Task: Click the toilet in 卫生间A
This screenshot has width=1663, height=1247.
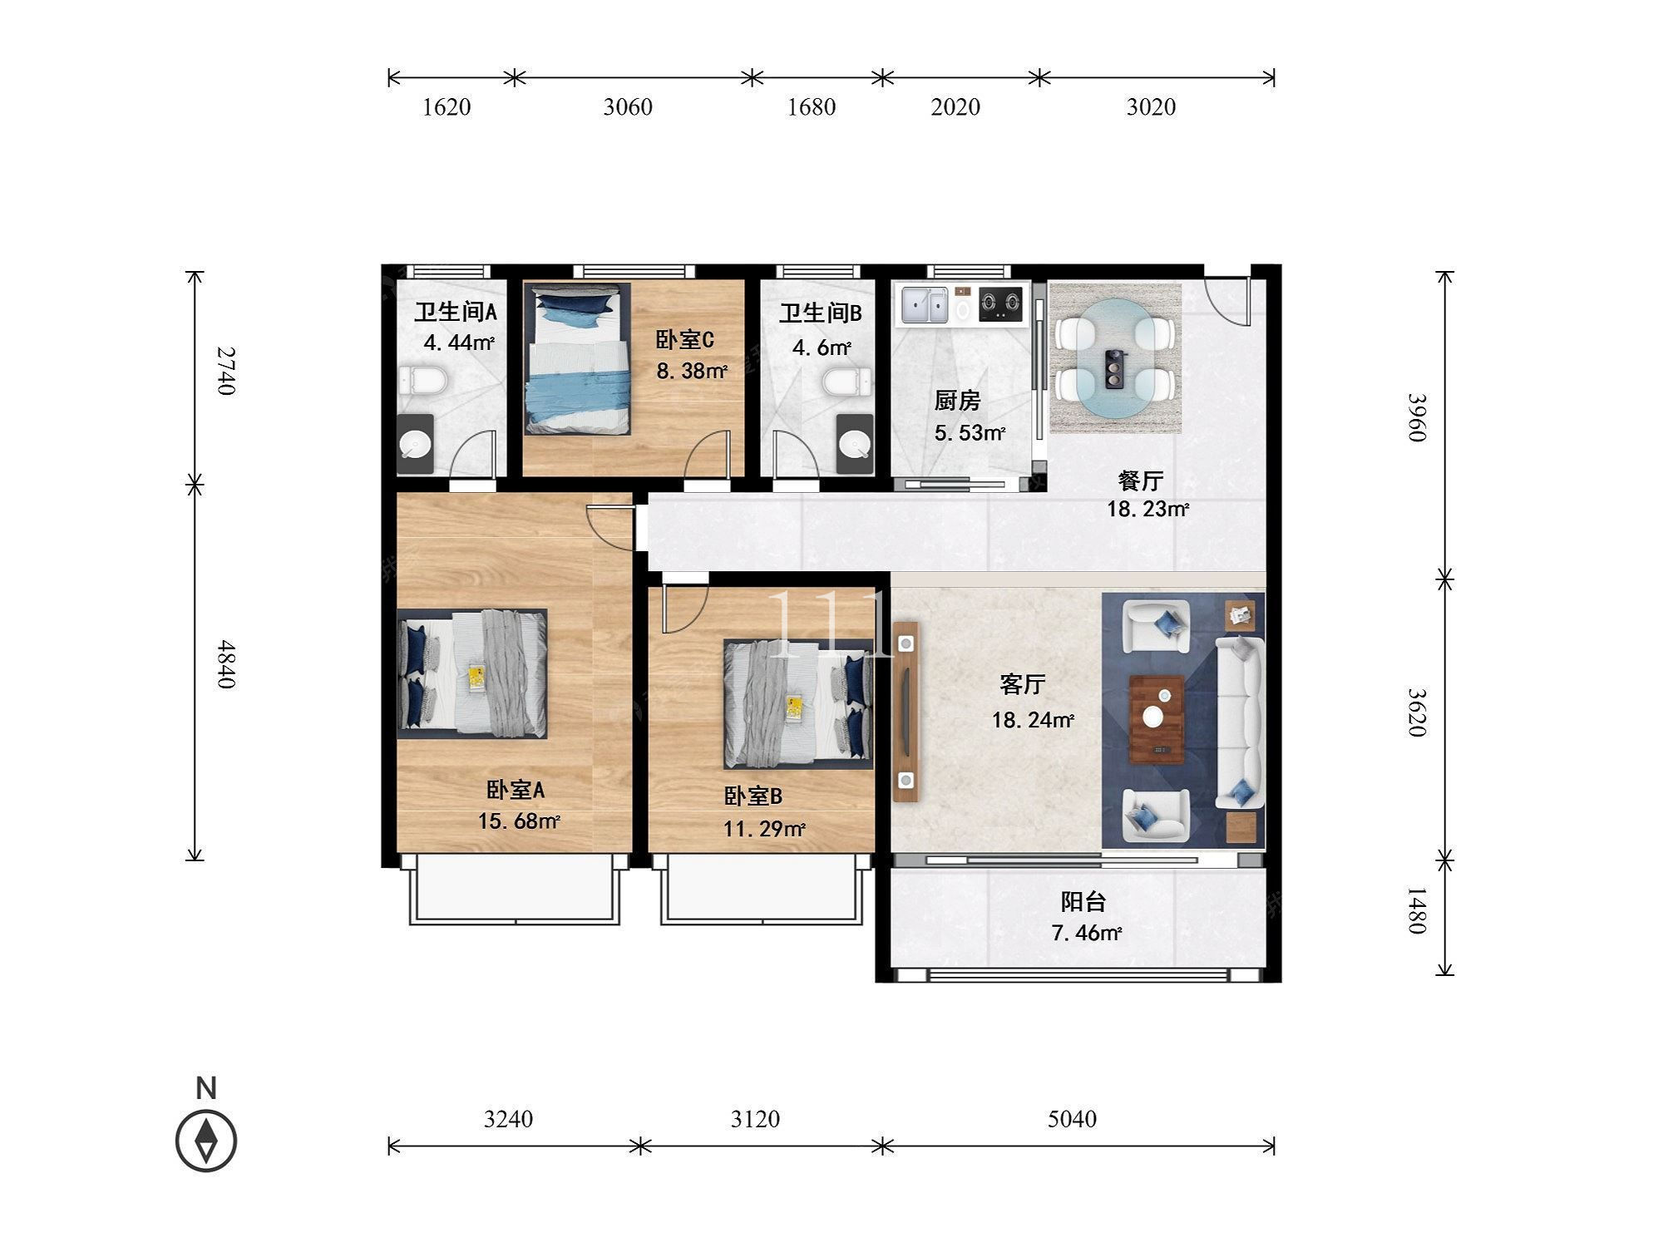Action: coord(423,382)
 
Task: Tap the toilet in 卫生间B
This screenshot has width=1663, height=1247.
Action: coord(848,384)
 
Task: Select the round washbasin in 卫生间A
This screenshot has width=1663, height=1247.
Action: coord(416,445)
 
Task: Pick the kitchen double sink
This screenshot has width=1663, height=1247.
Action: coord(925,305)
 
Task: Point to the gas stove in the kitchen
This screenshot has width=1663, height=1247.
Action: coord(1000,304)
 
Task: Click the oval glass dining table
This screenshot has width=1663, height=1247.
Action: coord(1116,358)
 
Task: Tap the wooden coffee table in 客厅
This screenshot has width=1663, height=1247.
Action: coord(1157,719)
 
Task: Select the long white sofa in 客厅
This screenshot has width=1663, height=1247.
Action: coord(1240,722)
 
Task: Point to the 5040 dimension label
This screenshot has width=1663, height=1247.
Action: coord(1072,1119)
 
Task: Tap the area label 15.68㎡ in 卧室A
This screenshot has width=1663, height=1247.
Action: coord(519,821)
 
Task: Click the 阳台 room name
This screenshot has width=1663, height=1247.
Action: coord(1083,901)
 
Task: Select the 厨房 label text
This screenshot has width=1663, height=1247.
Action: coord(957,401)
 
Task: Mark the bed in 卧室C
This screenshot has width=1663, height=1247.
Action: coord(577,358)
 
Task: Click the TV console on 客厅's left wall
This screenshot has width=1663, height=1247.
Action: coord(906,712)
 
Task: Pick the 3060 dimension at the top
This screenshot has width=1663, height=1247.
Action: coord(628,106)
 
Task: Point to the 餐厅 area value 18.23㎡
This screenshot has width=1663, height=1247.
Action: coord(1147,509)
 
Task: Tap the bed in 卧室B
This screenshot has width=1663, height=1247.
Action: coord(798,703)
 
